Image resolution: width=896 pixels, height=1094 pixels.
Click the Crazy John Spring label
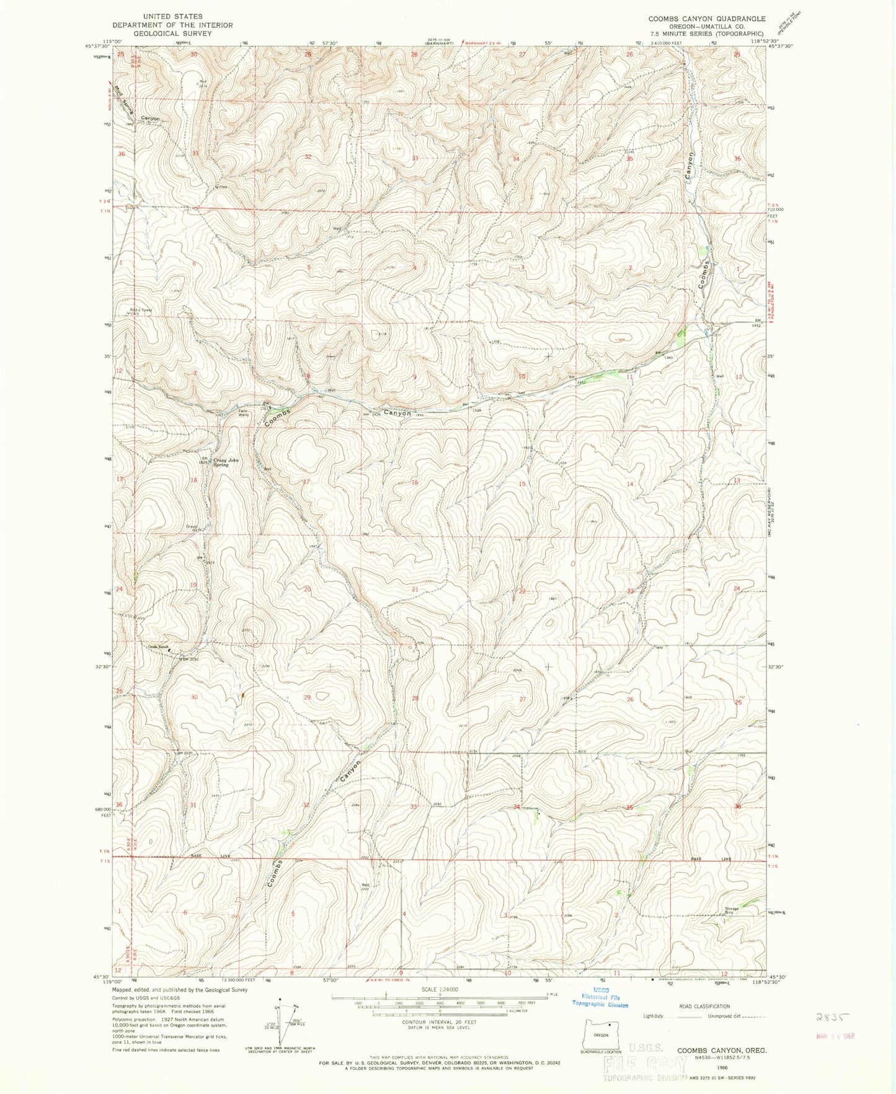pos(221,462)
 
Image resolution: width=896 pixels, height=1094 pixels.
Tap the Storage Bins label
pos(732,911)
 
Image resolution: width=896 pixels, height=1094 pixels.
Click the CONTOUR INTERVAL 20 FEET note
pos(440,1021)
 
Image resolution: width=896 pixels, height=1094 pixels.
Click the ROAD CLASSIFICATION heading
pos(704,1007)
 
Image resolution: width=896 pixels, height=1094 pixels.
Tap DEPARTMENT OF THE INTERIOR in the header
pos(172,25)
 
